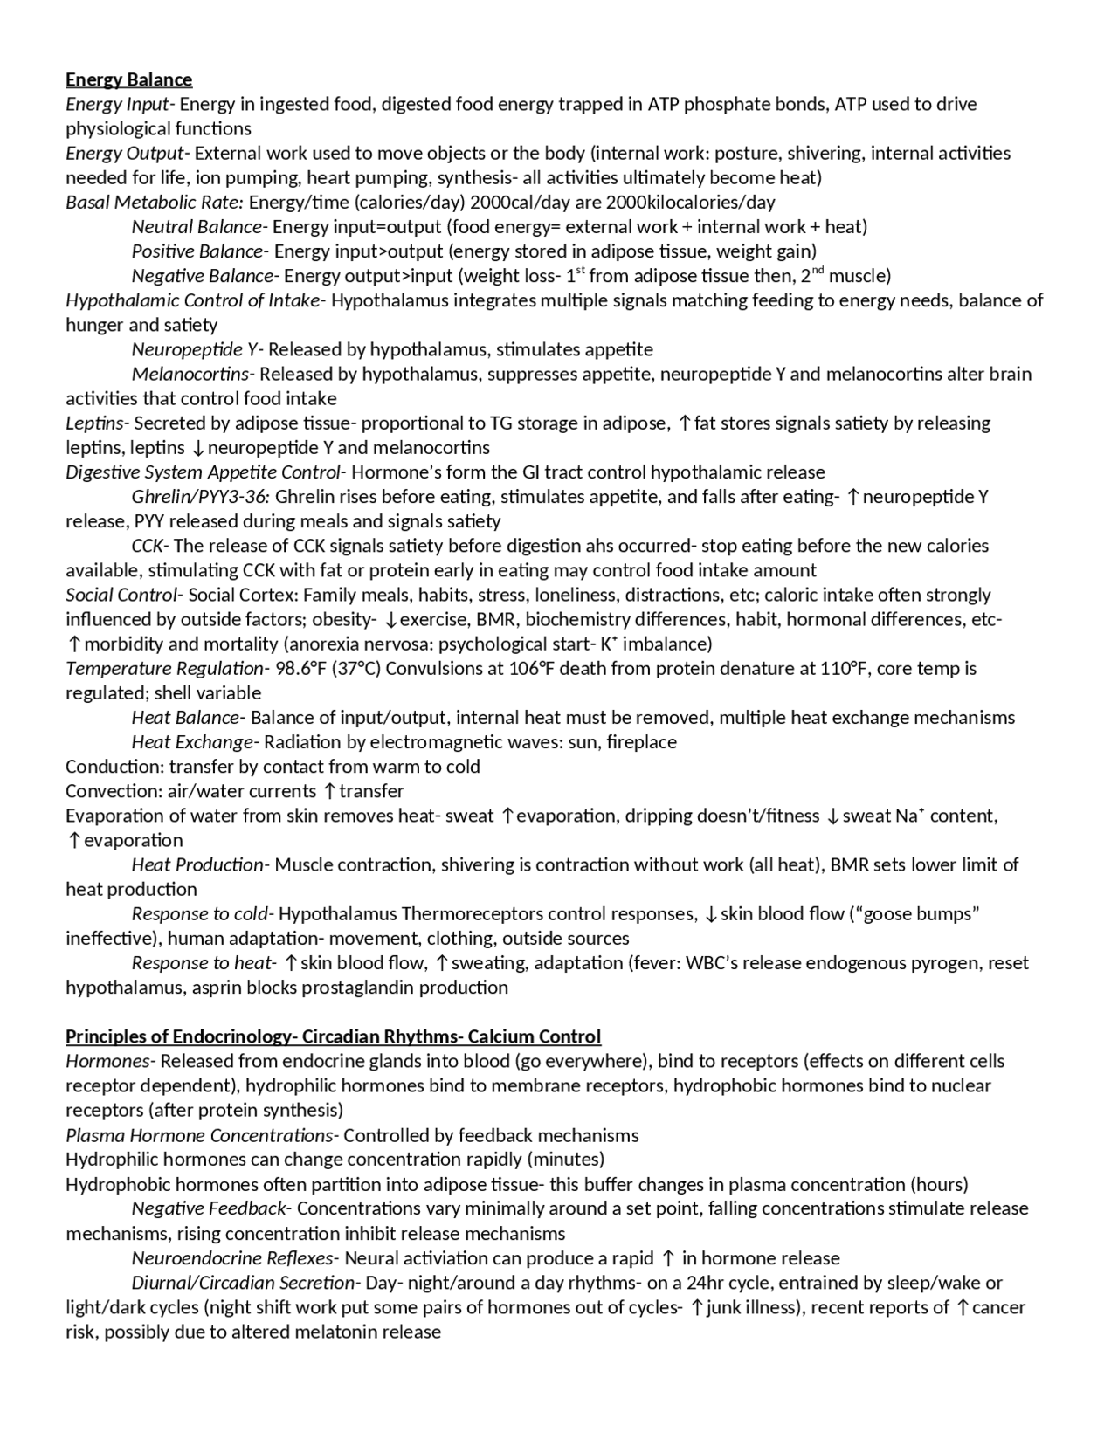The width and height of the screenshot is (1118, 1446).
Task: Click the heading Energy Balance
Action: coord(128,79)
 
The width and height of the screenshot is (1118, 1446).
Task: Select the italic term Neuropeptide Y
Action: coord(194,350)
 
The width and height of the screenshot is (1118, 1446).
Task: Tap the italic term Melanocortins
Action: coord(190,375)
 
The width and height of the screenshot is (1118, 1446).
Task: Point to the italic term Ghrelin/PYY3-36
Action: coord(200,497)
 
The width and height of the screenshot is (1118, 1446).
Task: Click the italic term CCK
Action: coord(147,546)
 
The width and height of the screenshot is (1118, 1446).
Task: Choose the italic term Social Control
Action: coord(121,596)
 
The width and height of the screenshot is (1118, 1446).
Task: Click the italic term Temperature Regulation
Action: coord(163,669)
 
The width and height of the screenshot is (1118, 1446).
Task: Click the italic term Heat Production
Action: coord(197,864)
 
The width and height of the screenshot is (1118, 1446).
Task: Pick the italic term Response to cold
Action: coord(200,914)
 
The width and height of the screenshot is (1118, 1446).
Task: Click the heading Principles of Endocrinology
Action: coord(177,1036)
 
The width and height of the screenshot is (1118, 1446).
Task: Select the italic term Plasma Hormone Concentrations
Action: coord(198,1135)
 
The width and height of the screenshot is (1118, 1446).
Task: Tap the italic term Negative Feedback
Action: coord(208,1208)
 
